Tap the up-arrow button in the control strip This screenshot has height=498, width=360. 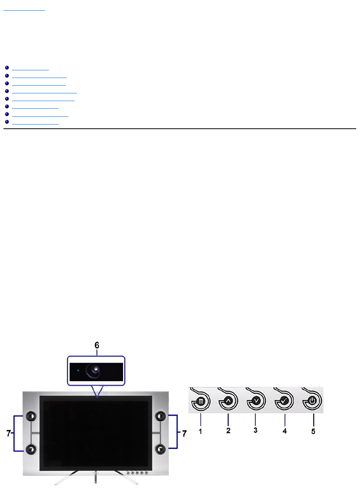(x=228, y=401)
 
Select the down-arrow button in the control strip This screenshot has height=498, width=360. (x=257, y=401)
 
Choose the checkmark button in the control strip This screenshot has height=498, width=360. (x=284, y=401)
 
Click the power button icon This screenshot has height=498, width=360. (x=312, y=401)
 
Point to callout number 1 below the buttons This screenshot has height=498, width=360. (x=200, y=431)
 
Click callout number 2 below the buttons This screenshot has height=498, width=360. (x=228, y=431)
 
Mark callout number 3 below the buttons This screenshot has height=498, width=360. (x=255, y=430)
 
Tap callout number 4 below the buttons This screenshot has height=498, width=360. (x=285, y=431)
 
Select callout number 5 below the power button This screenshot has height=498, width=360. (x=313, y=431)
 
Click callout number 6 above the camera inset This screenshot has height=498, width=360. (x=97, y=345)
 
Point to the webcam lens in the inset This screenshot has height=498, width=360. (x=95, y=371)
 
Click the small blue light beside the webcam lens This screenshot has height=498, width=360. (x=78, y=371)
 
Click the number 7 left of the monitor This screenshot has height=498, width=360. (x=9, y=433)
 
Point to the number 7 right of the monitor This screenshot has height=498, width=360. (x=184, y=433)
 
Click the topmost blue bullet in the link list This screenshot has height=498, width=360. (x=7, y=68)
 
